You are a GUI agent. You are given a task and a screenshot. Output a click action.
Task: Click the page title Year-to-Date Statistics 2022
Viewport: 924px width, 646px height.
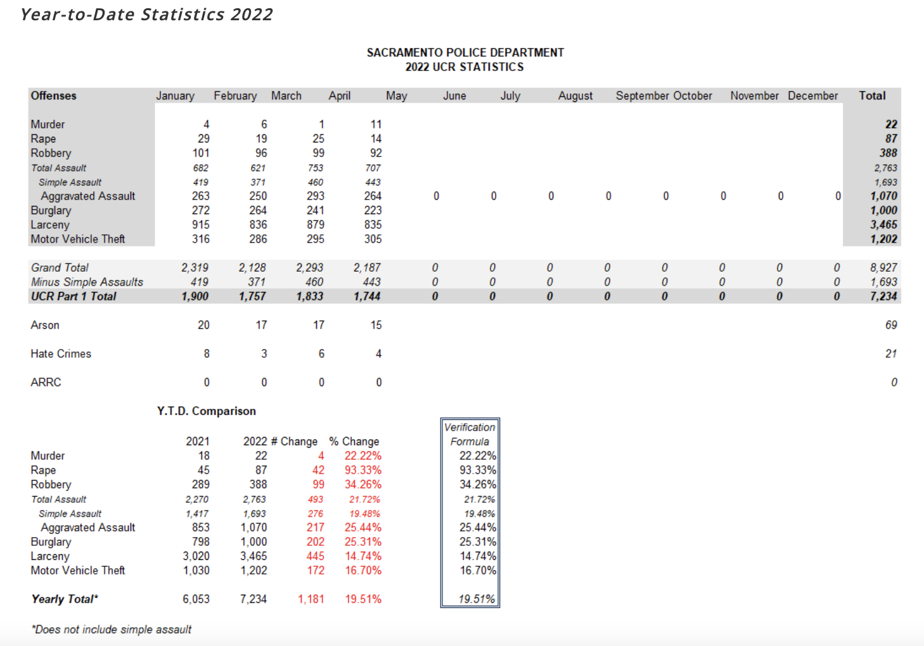tap(146, 15)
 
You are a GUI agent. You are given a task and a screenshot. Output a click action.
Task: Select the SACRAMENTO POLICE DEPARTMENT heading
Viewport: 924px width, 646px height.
tap(465, 53)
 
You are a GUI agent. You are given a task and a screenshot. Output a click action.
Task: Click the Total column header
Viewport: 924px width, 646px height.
tap(872, 96)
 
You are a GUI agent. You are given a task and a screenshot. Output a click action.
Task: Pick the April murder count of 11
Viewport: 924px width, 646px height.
tap(376, 124)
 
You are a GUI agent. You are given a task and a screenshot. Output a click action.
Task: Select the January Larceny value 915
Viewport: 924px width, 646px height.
tap(200, 225)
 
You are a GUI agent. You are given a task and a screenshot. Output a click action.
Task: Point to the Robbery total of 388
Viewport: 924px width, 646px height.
tap(888, 153)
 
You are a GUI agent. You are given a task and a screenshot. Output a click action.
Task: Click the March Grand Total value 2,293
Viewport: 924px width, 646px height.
tap(309, 267)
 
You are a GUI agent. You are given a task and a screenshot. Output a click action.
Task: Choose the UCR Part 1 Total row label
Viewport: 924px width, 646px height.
tap(74, 296)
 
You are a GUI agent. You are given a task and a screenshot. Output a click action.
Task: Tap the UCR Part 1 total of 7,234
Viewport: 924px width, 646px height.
tap(883, 296)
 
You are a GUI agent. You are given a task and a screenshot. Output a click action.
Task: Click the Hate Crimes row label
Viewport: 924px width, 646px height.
tap(61, 353)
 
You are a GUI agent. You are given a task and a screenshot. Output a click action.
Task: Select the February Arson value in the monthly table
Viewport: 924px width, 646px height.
tap(261, 325)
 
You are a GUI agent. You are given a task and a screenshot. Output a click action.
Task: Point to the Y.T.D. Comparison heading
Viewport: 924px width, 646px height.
tap(206, 411)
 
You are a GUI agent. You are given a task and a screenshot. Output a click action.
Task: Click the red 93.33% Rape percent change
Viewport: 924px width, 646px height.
tap(363, 470)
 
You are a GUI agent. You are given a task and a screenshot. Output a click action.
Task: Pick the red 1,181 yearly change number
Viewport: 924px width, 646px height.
tap(311, 599)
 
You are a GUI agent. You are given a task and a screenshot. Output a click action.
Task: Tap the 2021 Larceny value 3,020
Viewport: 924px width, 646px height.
tap(196, 556)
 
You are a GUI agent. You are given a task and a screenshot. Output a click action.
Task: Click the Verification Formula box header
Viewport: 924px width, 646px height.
tap(470, 434)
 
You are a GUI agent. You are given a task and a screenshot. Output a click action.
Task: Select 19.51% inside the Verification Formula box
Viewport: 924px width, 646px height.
tap(477, 599)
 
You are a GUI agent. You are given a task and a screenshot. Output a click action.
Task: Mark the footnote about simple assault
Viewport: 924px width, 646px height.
tap(112, 630)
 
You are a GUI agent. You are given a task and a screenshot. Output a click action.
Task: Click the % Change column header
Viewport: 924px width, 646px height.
tap(354, 441)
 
